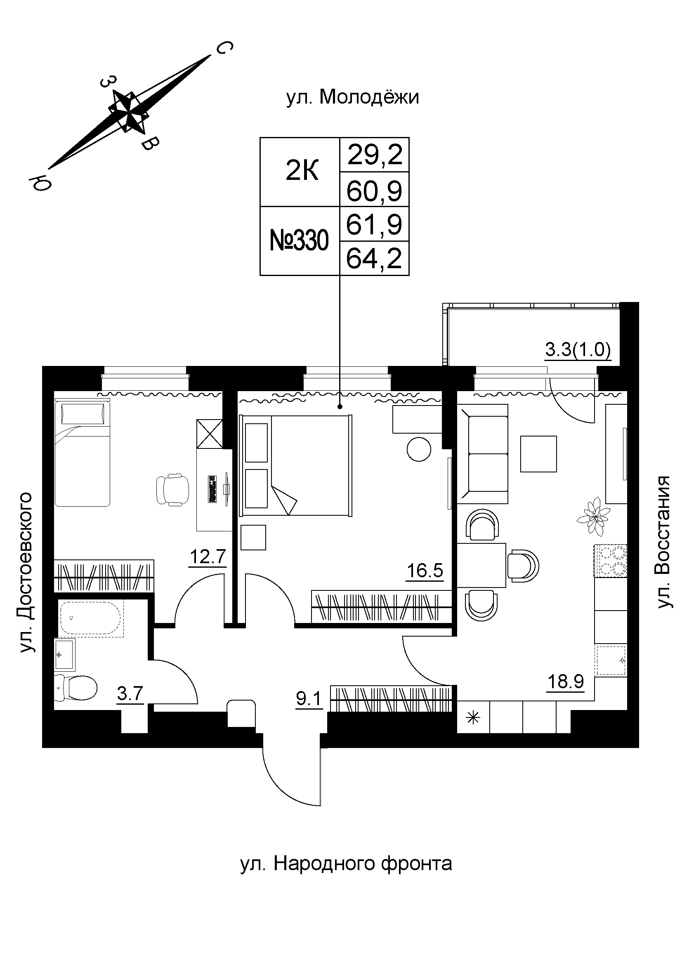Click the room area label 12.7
coord(208,557)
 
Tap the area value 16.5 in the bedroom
coord(425,571)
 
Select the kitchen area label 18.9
coord(565,681)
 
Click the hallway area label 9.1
coord(309,699)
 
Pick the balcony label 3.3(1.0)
coord(578,350)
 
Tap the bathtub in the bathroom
coord(91,618)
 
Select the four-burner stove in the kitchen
coord(610,561)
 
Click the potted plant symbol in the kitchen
coord(593,516)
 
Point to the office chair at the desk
coord(172,489)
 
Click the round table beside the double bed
coord(419,449)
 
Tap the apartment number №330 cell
coord(299,241)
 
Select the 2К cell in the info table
coord(302,172)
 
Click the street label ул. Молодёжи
coord(353,97)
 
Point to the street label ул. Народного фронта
coord(346,864)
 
